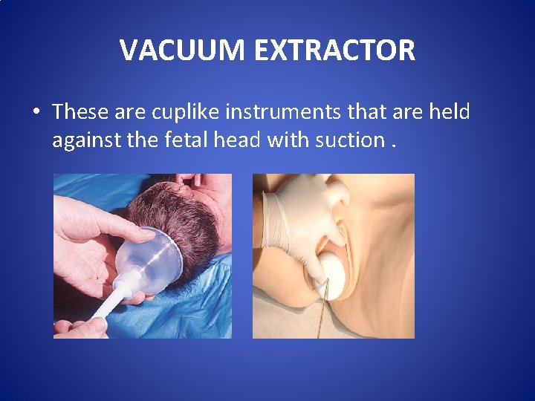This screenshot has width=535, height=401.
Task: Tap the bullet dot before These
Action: click(35, 113)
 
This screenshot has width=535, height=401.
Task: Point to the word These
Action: click(80, 112)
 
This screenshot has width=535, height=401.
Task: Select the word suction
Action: click(348, 139)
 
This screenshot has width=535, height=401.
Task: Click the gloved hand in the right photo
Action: click(297, 223)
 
